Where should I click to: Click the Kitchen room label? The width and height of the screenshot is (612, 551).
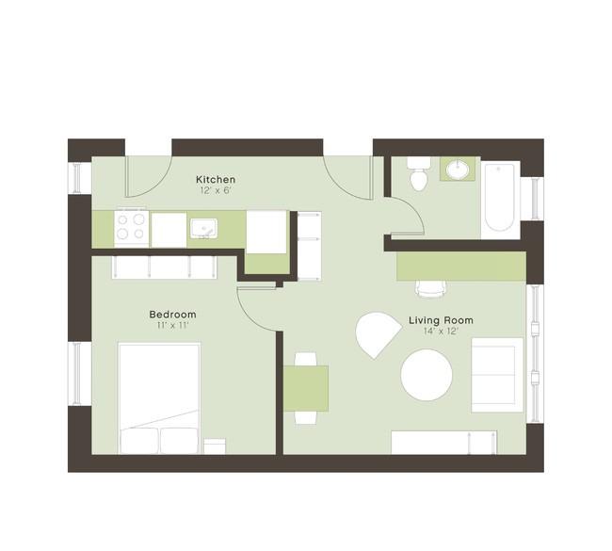click(216, 180)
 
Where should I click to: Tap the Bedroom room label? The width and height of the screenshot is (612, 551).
click(173, 315)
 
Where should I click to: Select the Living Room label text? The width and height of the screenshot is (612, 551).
click(441, 320)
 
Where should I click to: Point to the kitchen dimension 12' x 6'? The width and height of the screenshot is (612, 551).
click(216, 191)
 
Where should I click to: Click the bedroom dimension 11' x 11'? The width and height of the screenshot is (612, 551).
click(173, 325)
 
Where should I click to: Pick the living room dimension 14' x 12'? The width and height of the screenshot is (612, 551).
click(441, 332)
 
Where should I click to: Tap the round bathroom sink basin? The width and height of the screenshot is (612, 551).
click(458, 170)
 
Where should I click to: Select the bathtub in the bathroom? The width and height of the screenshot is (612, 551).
click(500, 198)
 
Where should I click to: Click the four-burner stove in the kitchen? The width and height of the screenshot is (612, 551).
click(131, 228)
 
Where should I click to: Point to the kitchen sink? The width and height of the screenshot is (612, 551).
click(203, 228)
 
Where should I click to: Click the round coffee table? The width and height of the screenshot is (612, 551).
click(427, 375)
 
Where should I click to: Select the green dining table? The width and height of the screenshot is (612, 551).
click(306, 389)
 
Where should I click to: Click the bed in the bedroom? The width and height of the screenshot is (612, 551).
click(159, 398)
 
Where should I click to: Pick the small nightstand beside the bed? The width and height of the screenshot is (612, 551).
click(215, 446)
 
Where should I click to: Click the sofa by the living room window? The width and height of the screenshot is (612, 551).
click(497, 375)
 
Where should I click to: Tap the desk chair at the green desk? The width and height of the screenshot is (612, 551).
click(430, 288)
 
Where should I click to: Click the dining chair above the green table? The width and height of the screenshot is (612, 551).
click(306, 359)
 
